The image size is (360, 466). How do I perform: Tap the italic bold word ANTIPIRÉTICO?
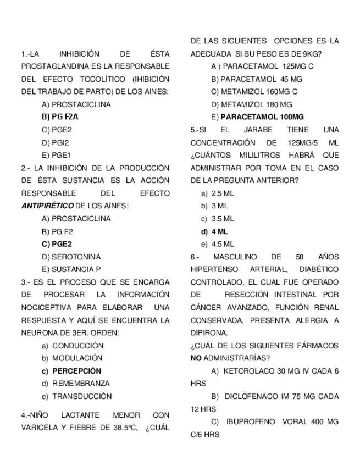click(x=47, y=206)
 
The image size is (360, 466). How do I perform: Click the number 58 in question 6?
click(x=300, y=257)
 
